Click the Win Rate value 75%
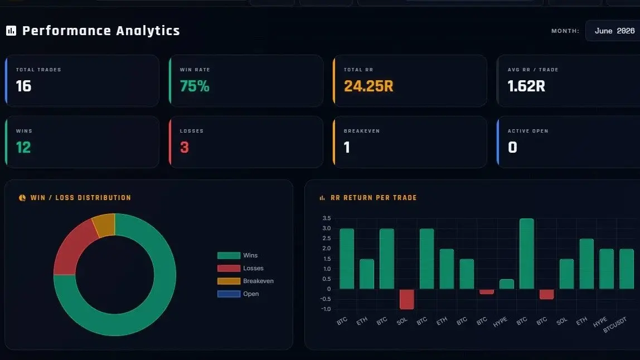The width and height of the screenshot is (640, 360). tap(195, 86)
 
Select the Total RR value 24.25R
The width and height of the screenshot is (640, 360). tap(369, 86)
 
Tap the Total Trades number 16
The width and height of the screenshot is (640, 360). tap(23, 86)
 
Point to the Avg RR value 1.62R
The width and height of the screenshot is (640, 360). tap(526, 86)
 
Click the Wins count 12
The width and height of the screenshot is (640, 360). tap(23, 147)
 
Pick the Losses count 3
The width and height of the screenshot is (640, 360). tap(185, 147)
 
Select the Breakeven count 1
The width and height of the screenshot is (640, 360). tap(347, 147)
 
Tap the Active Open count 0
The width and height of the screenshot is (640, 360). tap(513, 147)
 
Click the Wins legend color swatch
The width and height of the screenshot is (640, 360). tap(229, 255)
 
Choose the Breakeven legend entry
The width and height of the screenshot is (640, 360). tap(245, 281)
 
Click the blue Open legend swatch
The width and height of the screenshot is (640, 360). tap(229, 294)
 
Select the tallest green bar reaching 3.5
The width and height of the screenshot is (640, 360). tap(526, 254)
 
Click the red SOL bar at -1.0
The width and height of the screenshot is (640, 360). tap(406, 299)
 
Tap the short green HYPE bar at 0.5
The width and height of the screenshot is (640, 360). tap(507, 284)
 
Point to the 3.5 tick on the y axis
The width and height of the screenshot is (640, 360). tap(327, 218)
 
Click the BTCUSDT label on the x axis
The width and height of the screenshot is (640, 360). tap(615, 325)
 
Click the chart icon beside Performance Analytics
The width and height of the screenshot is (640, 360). tap(11, 31)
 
